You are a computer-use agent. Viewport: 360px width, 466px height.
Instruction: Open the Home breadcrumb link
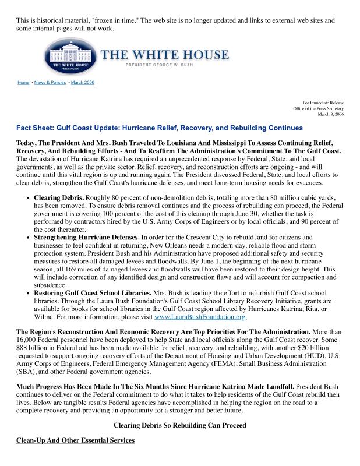point(23,83)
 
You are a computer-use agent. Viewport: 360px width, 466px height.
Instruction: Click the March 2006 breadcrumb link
point(83,83)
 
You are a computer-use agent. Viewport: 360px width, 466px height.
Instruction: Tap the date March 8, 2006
point(330,115)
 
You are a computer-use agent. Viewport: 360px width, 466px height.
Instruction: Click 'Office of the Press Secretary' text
point(318,109)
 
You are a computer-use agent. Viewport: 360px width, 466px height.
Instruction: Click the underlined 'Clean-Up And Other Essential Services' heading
point(75,440)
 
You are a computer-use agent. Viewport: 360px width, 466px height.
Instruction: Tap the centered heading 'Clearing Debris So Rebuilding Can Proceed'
point(179,425)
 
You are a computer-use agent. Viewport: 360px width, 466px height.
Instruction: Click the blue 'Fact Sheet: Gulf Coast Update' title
point(160,128)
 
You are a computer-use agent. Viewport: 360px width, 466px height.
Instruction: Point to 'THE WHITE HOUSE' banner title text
point(165,55)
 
